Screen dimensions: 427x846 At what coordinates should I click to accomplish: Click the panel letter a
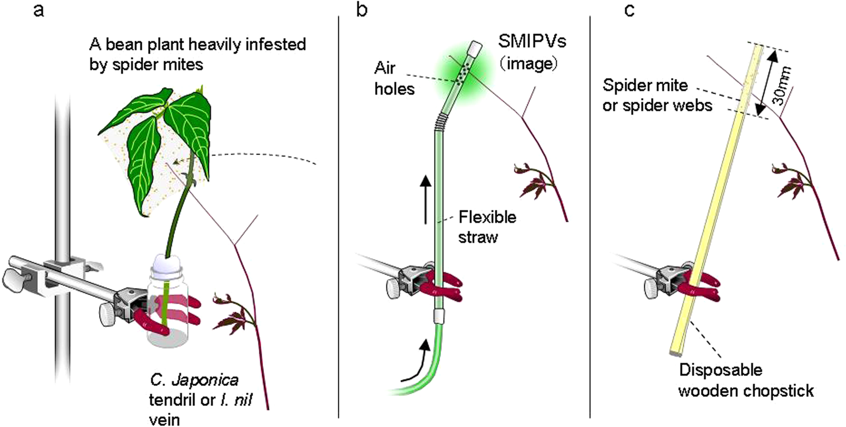tap(39, 10)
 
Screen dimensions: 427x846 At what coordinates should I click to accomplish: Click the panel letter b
tap(362, 10)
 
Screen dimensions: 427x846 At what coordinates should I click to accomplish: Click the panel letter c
tap(629, 10)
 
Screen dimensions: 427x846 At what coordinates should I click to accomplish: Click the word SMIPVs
tap(532, 41)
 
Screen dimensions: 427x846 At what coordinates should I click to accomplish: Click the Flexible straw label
tap(487, 227)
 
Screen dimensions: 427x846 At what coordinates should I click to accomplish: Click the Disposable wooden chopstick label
tap(745, 380)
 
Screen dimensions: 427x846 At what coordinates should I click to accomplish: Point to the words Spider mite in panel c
tap(645, 85)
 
